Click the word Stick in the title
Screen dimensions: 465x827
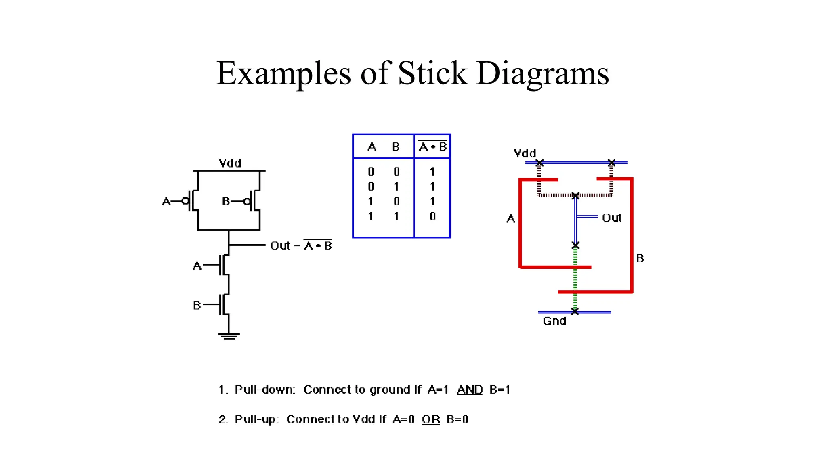click(432, 73)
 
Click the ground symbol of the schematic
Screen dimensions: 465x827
click(229, 336)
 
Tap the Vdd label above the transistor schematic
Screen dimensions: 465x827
click(230, 163)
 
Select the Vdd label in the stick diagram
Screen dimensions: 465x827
click(525, 153)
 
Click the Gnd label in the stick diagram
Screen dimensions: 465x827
click(554, 321)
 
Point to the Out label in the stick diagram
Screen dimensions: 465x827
click(611, 218)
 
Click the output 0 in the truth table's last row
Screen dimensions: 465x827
click(432, 216)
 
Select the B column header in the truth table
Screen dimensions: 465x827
click(396, 147)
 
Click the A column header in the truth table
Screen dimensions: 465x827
click(372, 147)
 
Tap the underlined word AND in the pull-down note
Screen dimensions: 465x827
click(470, 390)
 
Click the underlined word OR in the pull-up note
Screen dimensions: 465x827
click(431, 419)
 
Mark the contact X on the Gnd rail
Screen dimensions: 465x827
click(575, 311)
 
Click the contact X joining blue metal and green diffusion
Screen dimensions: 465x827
click(575, 245)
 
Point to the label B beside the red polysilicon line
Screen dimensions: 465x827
click(640, 258)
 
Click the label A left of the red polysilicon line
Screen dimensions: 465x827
click(511, 219)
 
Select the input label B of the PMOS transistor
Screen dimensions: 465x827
click(226, 201)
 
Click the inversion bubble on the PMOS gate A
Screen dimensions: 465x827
click(185, 201)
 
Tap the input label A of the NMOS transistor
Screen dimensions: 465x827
click(197, 266)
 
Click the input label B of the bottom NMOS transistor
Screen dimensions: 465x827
click(197, 305)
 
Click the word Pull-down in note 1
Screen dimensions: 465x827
click(264, 390)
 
